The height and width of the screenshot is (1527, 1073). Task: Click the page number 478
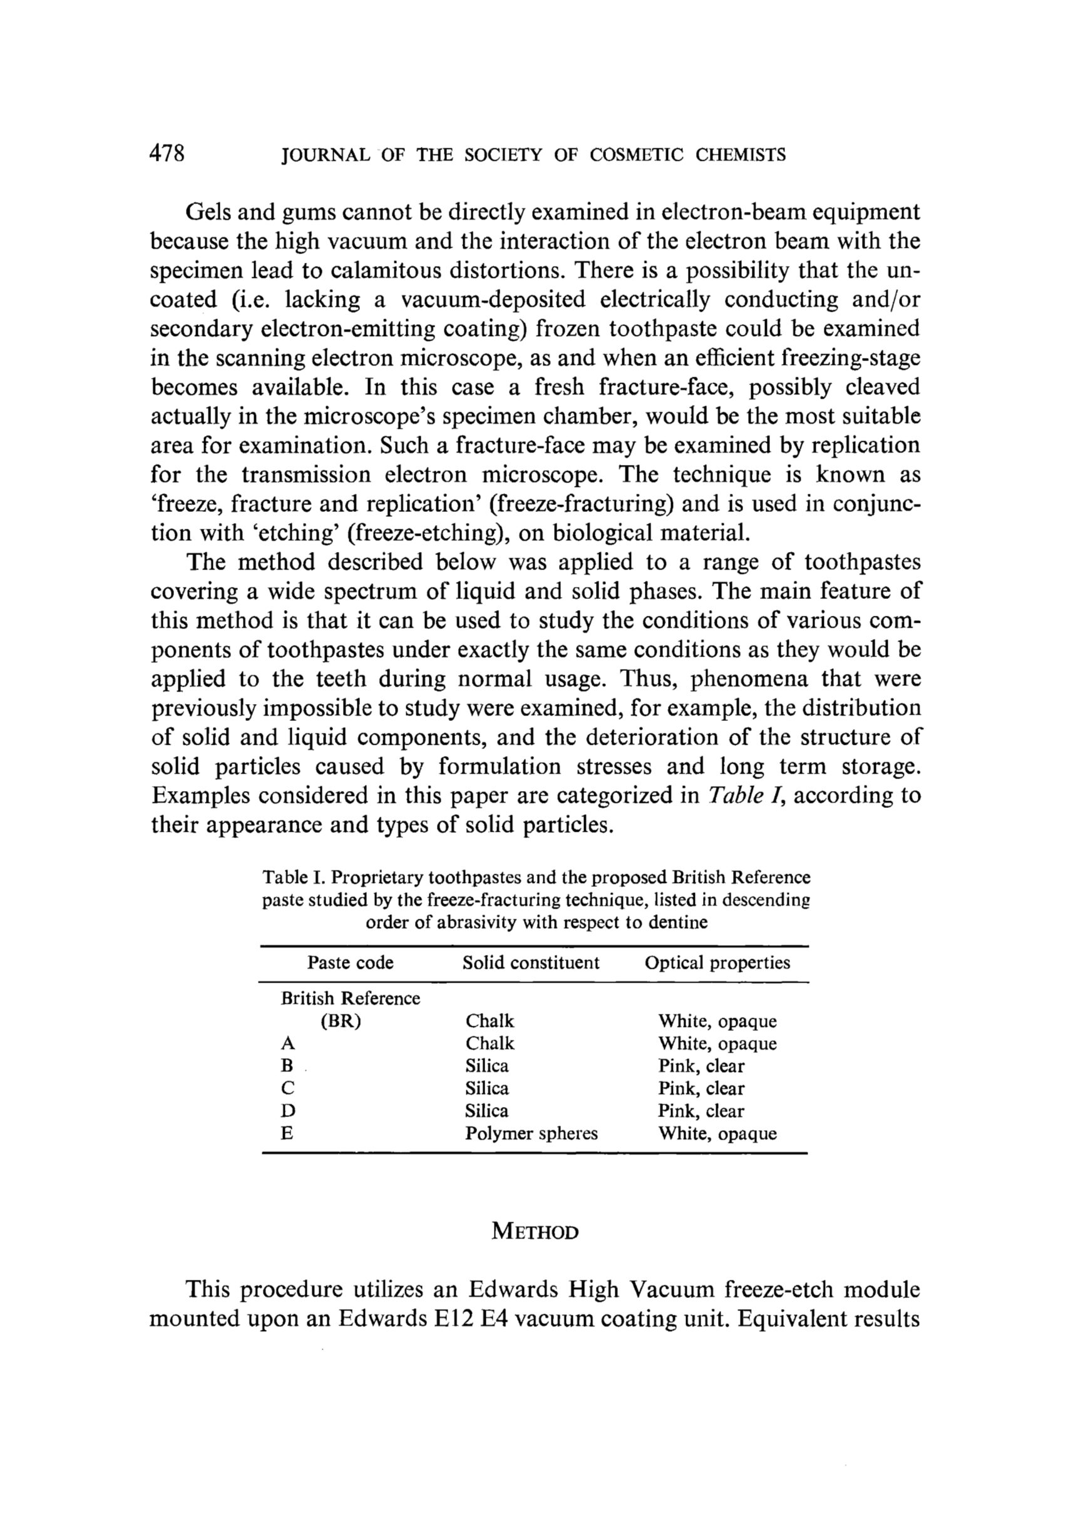167,155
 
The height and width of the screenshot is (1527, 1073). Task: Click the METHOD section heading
535,1232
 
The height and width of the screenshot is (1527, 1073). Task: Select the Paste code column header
350,963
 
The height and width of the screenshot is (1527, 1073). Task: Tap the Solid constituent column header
531,963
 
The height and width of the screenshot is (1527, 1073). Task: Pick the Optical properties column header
717,963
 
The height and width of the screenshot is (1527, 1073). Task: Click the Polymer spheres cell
531,1133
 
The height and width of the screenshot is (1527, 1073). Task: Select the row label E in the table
287,1133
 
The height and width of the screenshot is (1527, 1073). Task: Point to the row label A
287,1043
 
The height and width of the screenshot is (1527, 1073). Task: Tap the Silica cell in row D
486,1110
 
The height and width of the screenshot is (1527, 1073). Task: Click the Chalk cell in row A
490,1043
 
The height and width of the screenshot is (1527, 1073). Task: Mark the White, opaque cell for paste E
717,1133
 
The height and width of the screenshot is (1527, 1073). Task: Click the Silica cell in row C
486,1088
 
